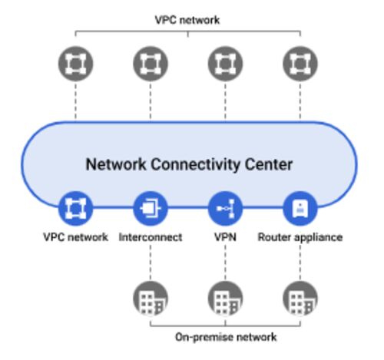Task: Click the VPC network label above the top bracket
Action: click(187, 20)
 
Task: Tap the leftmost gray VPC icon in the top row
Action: click(75, 64)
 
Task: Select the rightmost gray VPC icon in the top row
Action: click(300, 64)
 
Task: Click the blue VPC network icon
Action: click(75, 209)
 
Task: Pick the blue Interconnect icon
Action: click(151, 209)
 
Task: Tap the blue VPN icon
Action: click(225, 209)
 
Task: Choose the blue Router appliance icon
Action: click(300, 209)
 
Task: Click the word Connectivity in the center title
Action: click(196, 164)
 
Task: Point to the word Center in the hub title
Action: click(269, 164)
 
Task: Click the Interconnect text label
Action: click(151, 237)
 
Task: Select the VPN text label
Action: click(225, 237)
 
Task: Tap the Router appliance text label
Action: click(300, 238)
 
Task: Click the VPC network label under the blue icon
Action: click(75, 237)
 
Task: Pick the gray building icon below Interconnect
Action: click(151, 299)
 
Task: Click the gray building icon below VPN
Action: click(225, 299)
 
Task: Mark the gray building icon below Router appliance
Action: click(300, 299)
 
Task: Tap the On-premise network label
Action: click(226, 337)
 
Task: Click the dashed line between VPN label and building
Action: click(225, 263)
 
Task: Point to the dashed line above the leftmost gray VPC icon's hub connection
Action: click(75, 101)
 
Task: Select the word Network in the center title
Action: click(116, 164)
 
